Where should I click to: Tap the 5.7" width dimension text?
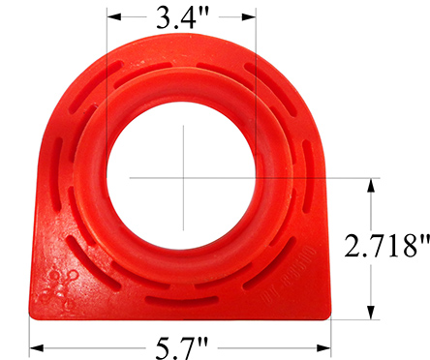181,345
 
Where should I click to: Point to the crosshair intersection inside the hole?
181,176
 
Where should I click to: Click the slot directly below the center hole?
181,301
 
